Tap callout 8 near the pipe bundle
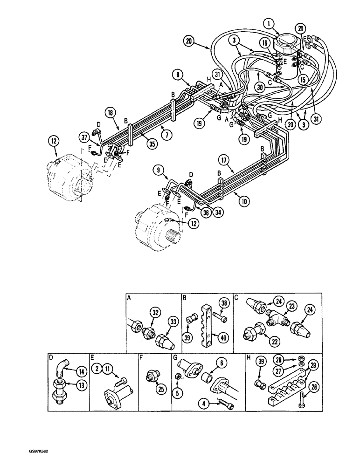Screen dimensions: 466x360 pyautogui.click(x=177, y=74)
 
